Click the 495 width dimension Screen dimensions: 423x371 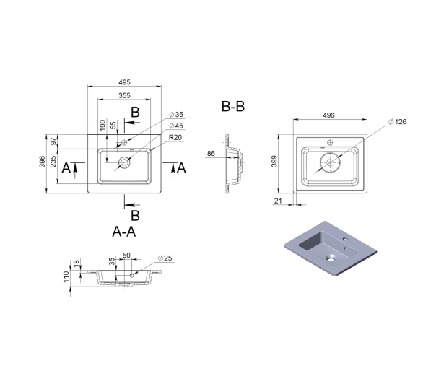[x=124, y=82]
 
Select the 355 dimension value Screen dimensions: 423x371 [x=124, y=95]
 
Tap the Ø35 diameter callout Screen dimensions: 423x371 [x=176, y=114]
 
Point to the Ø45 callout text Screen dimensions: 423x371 [x=176, y=126]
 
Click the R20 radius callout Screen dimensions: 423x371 [x=175, y=137]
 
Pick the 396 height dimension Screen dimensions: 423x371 [x=43, y=162]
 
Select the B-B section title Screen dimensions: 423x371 [x=233, y=106]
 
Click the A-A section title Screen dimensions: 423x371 [x=124, y=232]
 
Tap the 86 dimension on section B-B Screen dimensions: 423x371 [x=211, y=153]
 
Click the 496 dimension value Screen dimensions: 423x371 [x=328, y=115]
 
